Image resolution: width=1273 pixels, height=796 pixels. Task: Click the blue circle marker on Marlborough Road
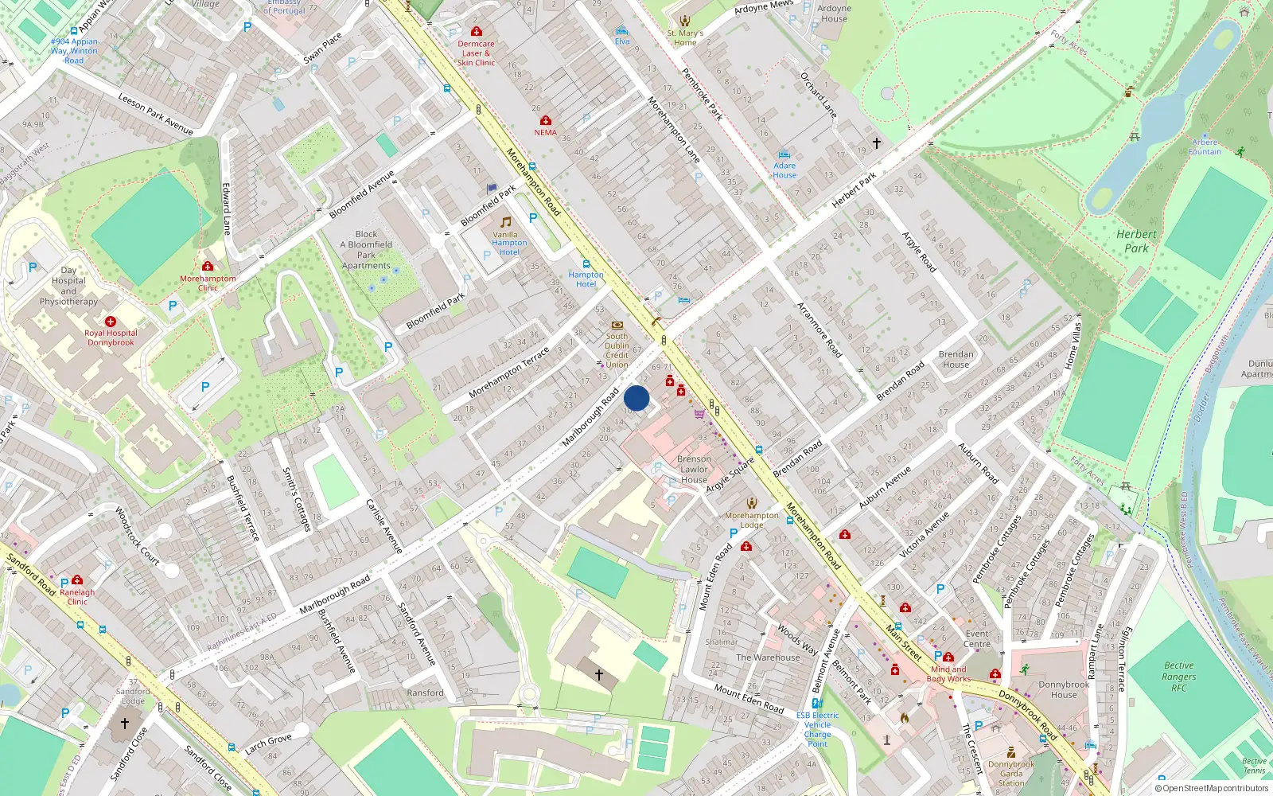click(636, 398)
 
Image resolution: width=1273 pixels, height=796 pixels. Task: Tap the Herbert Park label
click(1136, 241)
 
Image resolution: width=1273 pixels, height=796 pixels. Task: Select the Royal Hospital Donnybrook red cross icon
click(111, 322)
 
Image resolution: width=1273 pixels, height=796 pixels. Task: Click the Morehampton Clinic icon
click(208, 266)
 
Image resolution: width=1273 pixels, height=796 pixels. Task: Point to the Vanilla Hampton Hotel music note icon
click(505, 221)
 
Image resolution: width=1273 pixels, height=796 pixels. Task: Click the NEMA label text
click(546, 133)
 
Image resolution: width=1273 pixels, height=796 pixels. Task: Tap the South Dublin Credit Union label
click(617, 350)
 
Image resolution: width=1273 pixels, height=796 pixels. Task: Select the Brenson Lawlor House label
click(694, 470)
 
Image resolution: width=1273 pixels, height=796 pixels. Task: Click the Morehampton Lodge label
click(752, 521)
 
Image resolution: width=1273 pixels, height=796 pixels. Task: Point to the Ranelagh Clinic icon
click(77, 580)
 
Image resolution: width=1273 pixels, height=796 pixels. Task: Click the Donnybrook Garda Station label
click(1011, 774)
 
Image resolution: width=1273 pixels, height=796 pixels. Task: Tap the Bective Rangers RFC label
click(1178, 677)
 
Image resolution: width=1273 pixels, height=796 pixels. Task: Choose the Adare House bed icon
click(784, 155)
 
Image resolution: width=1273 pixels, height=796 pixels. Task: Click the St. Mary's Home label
click(685, 38)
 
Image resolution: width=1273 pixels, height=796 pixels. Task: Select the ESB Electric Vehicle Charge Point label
click(817, 729)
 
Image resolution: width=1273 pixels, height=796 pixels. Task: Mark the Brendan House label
click(956, 359)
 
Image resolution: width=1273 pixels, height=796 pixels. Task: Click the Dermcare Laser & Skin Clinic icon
click(476, 32)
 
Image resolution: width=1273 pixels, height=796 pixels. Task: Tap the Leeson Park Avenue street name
click(156, 114)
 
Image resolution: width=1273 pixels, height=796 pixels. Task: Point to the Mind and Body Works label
click(948, 674)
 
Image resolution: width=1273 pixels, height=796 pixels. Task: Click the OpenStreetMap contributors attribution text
click(1212, 789)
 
